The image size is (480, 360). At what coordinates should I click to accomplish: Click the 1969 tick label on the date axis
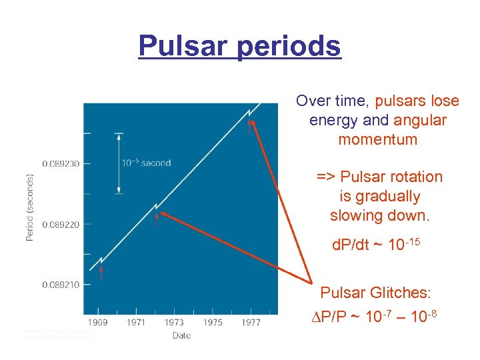point(97,323)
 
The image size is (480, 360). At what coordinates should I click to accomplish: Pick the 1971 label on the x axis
point(135,323)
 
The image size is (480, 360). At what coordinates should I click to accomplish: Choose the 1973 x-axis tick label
point(174,323)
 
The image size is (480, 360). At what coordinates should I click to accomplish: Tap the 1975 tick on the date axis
point(213,323)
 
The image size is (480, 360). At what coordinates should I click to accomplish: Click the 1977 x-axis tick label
point(251,323)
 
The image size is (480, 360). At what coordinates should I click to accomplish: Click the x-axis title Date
point(181,335)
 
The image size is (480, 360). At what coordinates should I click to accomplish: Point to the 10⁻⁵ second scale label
point(146,163)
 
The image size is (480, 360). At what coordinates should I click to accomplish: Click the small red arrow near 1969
point(101,272)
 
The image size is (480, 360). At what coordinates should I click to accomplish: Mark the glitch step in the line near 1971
point(156,206)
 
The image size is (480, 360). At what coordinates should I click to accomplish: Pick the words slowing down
point(376,215)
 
